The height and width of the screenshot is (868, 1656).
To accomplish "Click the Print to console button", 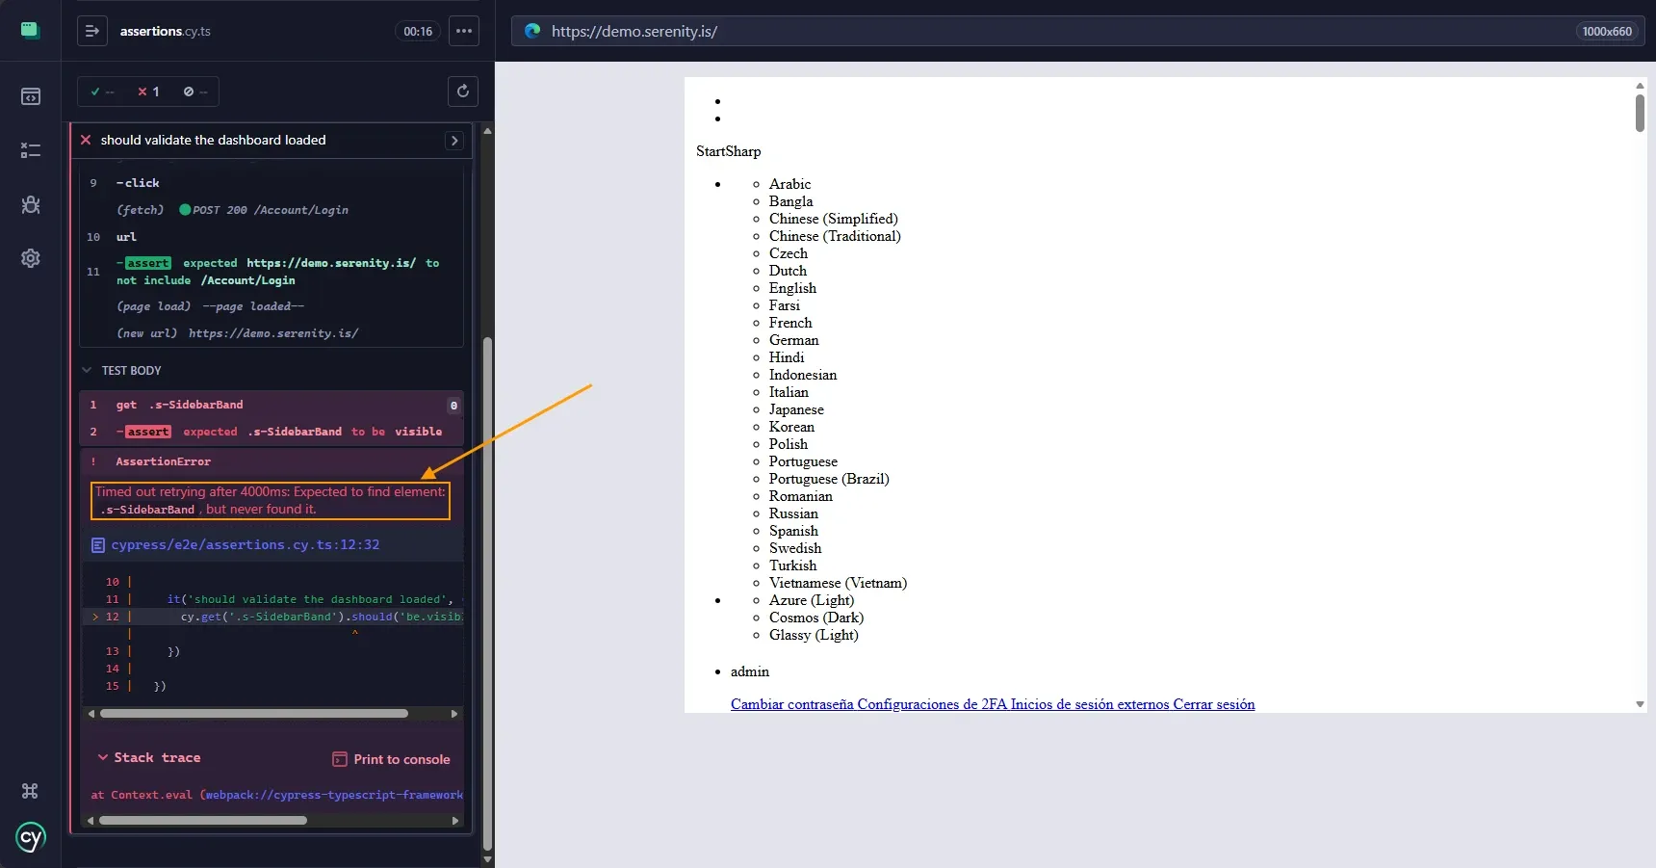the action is pyautogui.click(x=391, y=759).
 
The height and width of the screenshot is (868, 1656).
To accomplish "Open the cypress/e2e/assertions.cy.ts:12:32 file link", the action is pyautogui.click(x=245, y=545).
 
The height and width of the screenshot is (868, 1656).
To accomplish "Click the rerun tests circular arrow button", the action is pyautogui.click(x=463, y=92).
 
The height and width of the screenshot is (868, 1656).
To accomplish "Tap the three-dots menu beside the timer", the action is pyautogui.click(x=464, y=31).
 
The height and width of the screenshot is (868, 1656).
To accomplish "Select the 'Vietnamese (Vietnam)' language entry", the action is pyautogui.click(x=838, y=583).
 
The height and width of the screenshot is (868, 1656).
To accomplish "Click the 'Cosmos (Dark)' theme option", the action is pyautogui.click(x=816, y=618).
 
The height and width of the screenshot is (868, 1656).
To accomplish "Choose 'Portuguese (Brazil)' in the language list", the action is pyautogui.click(x=829, y=479).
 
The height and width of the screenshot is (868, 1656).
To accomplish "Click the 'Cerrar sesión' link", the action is pyautogui.click(x=1214, y=704).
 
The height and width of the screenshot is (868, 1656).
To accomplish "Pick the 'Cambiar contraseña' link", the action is pyautogui.click(x=792, y=704).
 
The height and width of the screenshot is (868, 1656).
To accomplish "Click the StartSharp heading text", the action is pyautogui.click(x=729, y=151).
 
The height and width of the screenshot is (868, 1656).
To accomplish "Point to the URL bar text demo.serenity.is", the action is pyautogui.click(x=634, y=32).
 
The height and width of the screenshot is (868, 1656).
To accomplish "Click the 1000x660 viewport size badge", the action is pyautogui.click(x=1607, y=32).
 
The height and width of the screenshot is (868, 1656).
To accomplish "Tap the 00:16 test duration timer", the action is pyautogui.click(x=418, y=32).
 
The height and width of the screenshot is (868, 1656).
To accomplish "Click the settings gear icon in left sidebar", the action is pyautogui.click(x=31, y=258).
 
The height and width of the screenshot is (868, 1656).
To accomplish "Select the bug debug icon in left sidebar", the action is pyautogui.click(x=31, y=204).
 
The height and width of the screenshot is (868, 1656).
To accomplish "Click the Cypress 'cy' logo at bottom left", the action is pyautogui.click(x=31, y=837).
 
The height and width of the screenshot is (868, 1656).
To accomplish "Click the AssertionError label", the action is pyautogui.click(x=164, y=461).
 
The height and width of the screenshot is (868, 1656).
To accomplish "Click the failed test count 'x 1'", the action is pyautogui.click(x=148, y=92).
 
